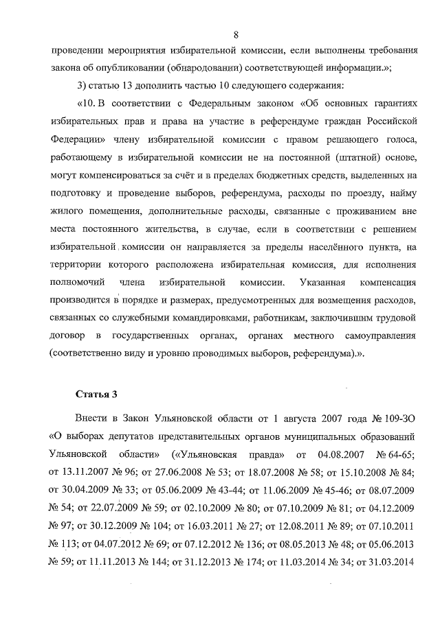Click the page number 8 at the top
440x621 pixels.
pyautogui.click(x=236, y=34)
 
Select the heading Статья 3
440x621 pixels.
pyautogui.click(x=96, y=393)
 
